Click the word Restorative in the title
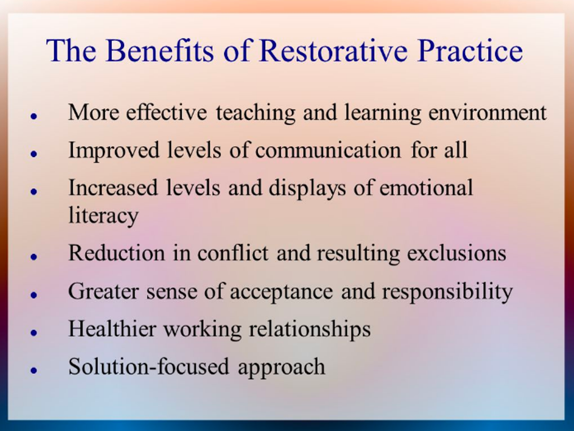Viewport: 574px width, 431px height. (x=333, y=51)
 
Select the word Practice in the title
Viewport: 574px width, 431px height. (x=470, y=51)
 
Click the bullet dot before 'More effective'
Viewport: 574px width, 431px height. (x=34, y=116)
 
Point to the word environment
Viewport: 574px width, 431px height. (x=487, y=113)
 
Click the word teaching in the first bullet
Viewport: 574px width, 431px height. (x=255, y=113)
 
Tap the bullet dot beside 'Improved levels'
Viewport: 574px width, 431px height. (x=34, y=154)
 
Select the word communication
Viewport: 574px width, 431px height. (x=328, y=150)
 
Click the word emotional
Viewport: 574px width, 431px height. (x=426, y=188)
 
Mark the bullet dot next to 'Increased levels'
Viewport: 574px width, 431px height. (x=34, y=192)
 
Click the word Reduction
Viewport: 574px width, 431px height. (x=117, y=253)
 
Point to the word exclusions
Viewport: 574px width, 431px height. (x=457, y=253)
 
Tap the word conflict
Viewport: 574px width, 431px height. (x=233, y=253)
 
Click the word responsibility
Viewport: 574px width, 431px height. (x=447, y=292)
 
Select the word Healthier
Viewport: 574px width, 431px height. (x=112, y=329)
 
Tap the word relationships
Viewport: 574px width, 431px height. (x=309, y=330)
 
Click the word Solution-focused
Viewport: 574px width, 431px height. (x=149, y=366)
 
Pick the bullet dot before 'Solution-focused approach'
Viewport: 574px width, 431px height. (x=34, y=370)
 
